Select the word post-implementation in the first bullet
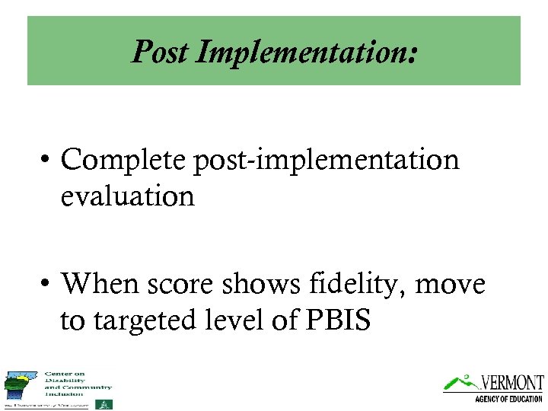(x=327, y=161)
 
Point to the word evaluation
(x=127, y=196)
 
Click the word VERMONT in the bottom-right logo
(x=511, y=383)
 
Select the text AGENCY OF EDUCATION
(x=508, y=400)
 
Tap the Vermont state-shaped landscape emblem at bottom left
(x=21, y=386)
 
